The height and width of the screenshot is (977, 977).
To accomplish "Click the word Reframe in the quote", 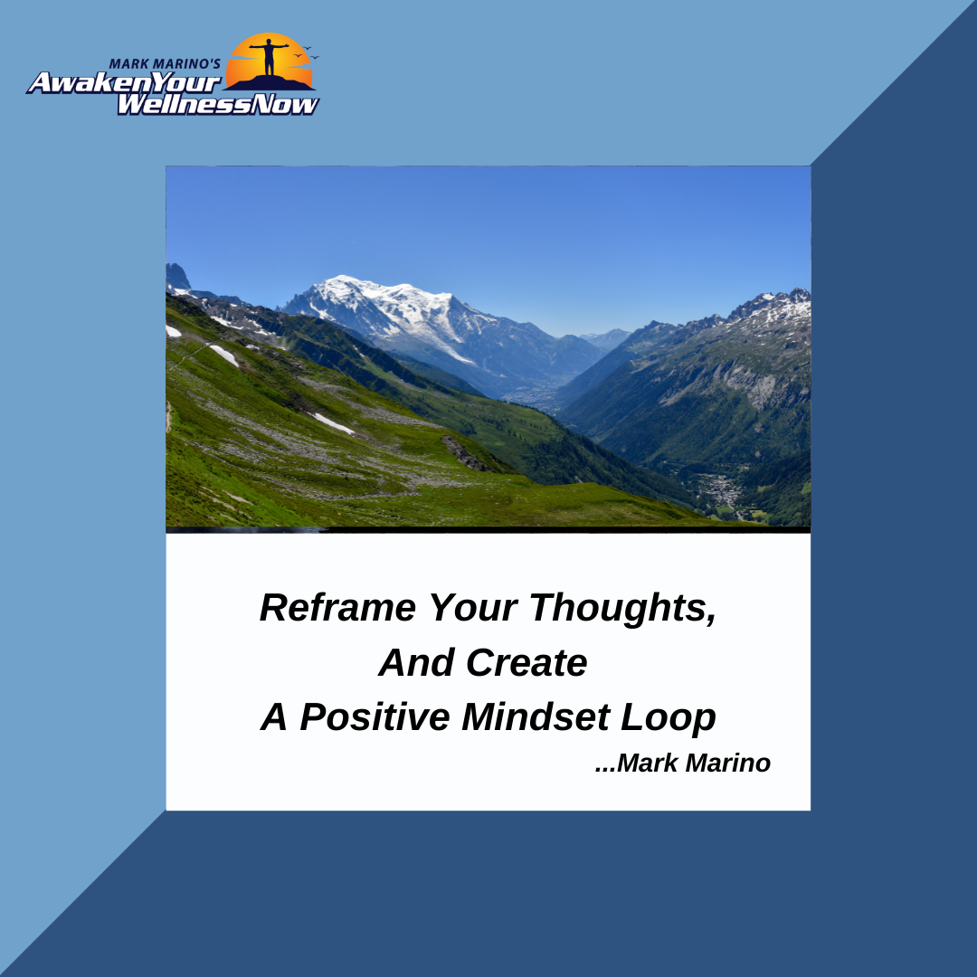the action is (337, 607).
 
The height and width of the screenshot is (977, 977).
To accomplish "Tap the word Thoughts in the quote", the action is (622, 608).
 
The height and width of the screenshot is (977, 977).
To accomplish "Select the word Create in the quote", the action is (526, 661).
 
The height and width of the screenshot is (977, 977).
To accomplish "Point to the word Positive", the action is (375, 716).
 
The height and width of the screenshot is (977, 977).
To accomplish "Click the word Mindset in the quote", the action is (536, 716).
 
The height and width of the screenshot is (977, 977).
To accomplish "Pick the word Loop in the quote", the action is (668, 717).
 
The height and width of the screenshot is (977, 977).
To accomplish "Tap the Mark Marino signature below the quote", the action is (683, 763).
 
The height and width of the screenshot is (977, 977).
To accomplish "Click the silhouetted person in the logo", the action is (270, 57).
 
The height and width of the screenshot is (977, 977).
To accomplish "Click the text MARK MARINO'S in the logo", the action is (165, 63).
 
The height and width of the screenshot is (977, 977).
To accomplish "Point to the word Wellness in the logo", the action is (186, 105).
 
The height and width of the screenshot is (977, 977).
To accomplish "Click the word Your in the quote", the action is (473, 607).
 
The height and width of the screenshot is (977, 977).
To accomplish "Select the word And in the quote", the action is (417, 661).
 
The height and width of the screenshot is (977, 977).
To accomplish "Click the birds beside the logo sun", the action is (306, 53).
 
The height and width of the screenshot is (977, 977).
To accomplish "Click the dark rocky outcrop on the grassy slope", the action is (464, 453).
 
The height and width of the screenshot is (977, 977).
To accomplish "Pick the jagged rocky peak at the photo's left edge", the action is (177, 276).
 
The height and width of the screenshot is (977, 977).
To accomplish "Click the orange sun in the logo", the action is (270, 60).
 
